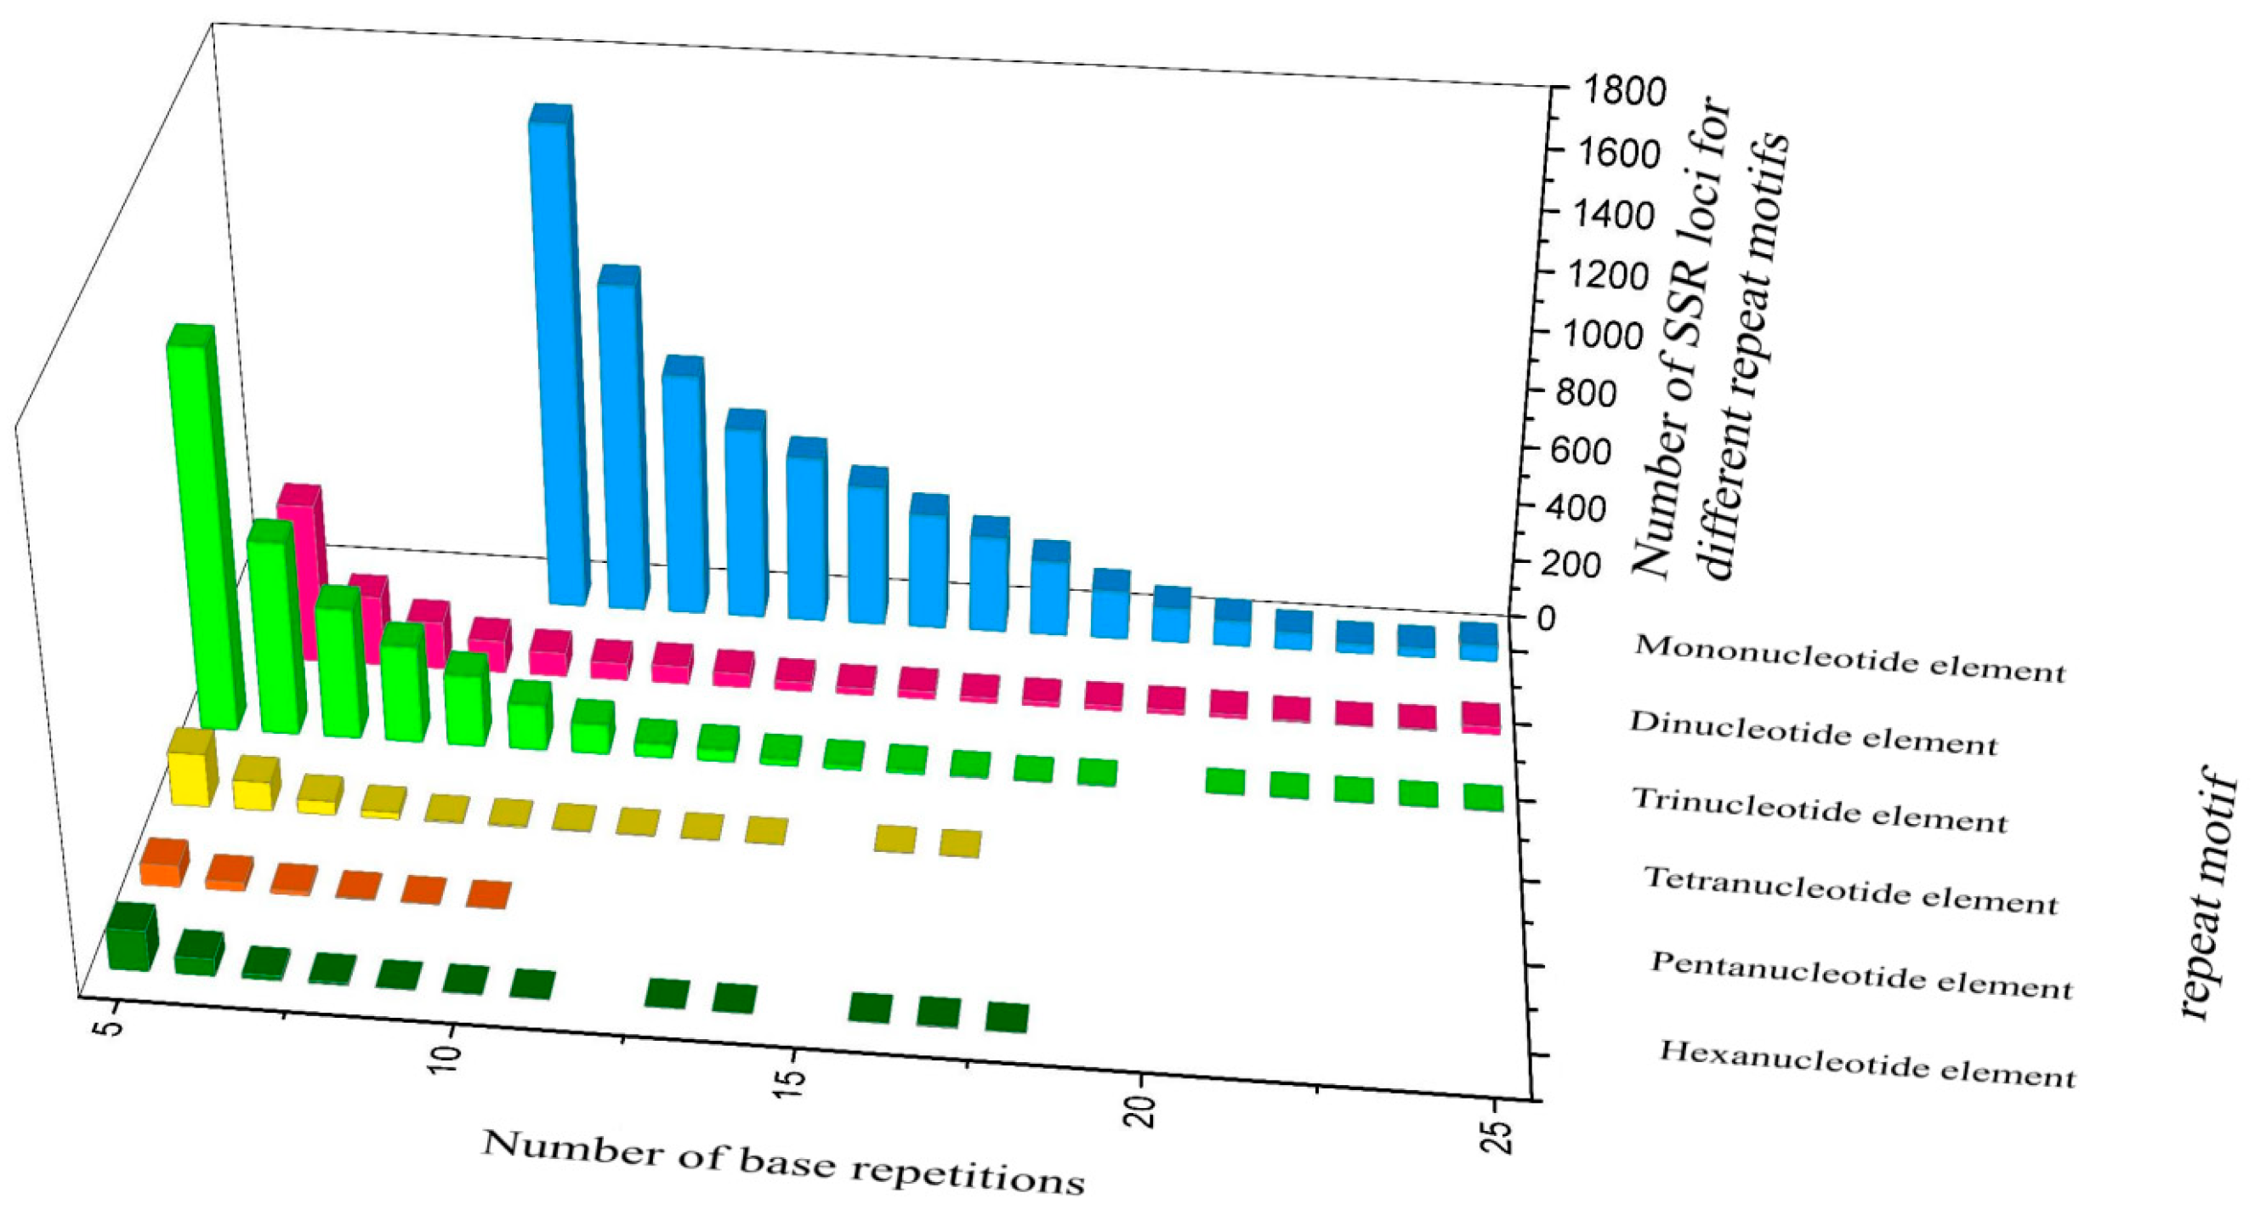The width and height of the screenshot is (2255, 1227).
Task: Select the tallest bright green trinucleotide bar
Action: click(x=203, y=534)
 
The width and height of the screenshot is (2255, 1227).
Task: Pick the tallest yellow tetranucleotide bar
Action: click(x=190, y=770)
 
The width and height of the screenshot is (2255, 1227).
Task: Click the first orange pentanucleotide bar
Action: click(x=165, y=863)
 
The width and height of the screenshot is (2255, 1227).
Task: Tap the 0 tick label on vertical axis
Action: click(x=1548, y=619)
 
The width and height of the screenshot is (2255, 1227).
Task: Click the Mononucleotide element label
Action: click(x=1849, y=658)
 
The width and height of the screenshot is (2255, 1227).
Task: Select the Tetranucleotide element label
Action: click(x=1850, y=889)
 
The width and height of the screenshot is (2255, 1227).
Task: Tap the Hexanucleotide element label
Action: click(x=1866, y=1065)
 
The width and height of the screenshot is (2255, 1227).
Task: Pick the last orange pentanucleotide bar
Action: click(x=487, y=895)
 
